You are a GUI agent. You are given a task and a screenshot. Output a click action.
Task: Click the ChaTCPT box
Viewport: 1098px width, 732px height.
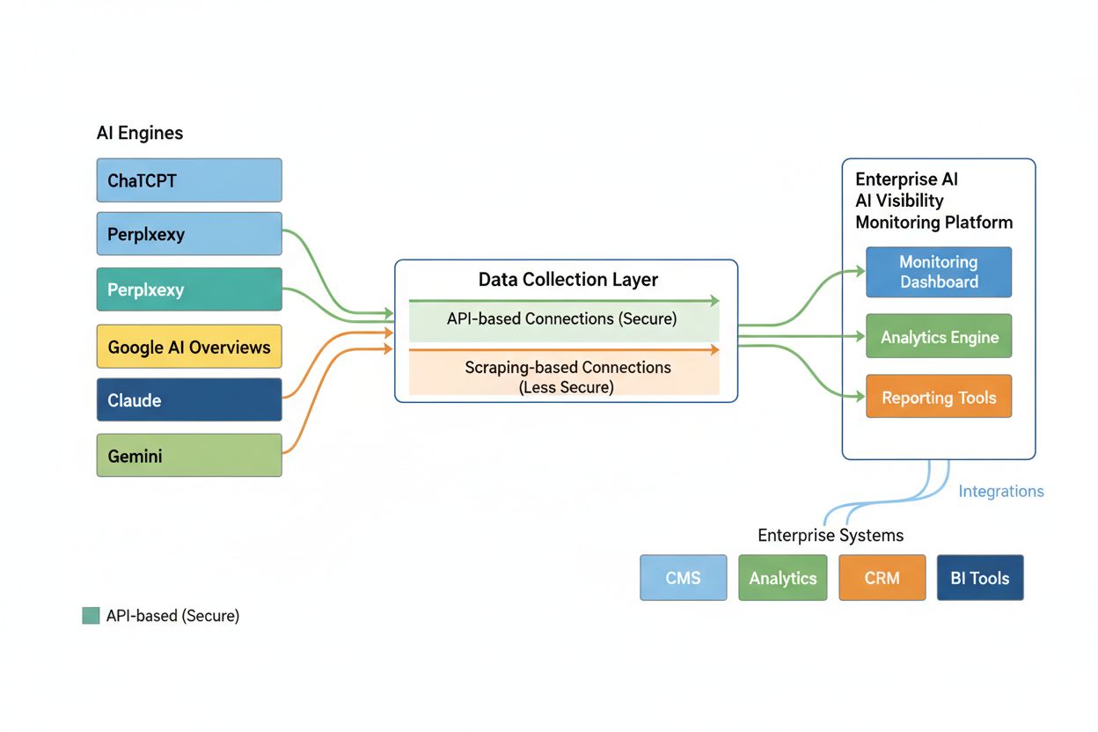(189, 180)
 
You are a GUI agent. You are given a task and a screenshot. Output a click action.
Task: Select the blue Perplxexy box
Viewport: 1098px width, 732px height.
(189, 234)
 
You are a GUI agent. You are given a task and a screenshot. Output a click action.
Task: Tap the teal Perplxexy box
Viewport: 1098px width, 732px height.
(189, 289)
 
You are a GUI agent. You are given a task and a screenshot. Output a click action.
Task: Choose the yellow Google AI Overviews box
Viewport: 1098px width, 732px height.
(189, 346)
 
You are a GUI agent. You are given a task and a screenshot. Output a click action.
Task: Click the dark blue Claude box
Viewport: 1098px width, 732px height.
(189, 400)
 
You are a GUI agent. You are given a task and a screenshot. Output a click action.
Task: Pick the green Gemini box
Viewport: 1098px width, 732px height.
(189, 456)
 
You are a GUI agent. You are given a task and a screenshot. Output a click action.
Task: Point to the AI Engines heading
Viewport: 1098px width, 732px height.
(140, 133)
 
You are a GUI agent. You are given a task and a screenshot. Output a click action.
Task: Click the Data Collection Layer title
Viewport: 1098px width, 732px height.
(567, 280)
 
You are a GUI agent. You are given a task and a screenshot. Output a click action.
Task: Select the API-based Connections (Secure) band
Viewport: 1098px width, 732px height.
(563, 319)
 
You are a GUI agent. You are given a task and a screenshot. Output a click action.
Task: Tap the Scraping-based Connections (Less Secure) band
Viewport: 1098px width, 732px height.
(563, 375)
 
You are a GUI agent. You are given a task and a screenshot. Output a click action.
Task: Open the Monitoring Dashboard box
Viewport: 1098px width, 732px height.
(939, 272)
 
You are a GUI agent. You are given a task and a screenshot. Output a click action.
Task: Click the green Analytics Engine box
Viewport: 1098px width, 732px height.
(939, 336)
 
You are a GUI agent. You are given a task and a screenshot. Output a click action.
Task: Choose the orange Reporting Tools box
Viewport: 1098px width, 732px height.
(939, 397)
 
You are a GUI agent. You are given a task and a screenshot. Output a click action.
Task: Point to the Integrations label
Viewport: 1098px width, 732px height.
(1000, 491)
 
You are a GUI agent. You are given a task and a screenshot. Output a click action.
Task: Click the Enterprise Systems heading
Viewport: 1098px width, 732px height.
(831, 535)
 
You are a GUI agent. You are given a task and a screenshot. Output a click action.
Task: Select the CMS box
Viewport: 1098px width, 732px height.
(684, 578)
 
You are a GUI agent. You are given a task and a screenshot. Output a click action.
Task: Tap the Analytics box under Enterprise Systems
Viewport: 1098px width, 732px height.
(782, 578)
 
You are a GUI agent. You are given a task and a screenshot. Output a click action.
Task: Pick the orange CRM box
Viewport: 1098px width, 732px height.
(882, 578)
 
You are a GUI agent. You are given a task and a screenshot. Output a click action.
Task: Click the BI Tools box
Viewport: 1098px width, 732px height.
(979, 578)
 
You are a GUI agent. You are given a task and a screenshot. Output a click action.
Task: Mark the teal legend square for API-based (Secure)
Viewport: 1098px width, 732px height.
(91, 616)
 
